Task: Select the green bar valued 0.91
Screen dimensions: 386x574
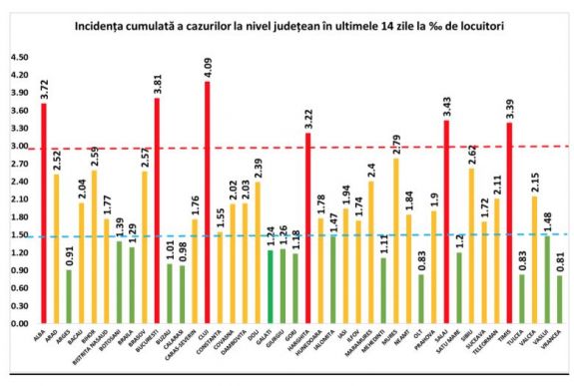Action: [69, 297]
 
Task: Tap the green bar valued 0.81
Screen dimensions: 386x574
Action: [560, 299]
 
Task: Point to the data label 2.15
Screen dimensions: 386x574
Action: [535, 183]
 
